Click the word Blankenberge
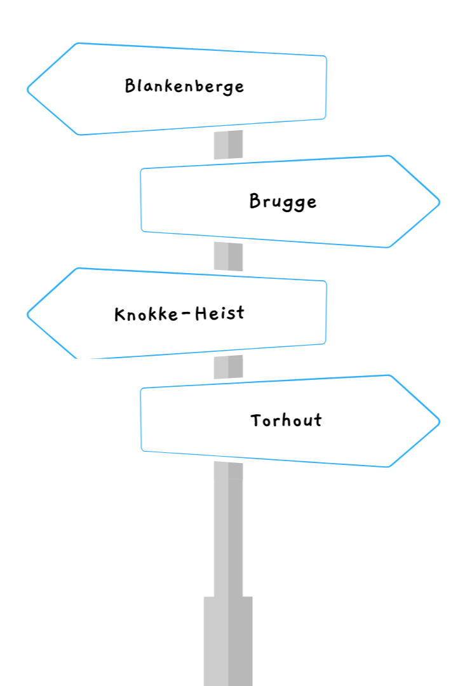[x=184, y=86]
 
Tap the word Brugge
[x=283, y=202]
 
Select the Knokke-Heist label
[x=179, y=313]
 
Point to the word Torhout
[x=286, y=420]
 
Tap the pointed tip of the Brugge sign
[x=438, y=203]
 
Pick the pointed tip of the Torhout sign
[x=438, y=421]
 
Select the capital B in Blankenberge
[x=130, y=85]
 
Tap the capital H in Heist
[x=201, y=313]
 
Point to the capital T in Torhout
[x=256, y=420]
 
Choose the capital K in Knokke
[x=119, y=314]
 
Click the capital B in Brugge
[x=255, y=201]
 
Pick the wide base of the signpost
[x=227, y=642]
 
